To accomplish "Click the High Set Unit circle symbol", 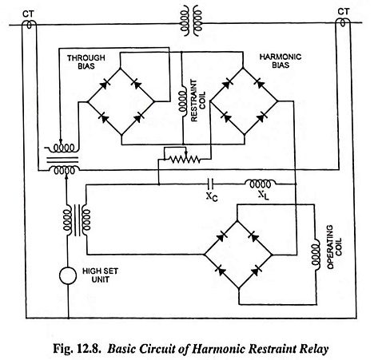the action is [x=68, y=275].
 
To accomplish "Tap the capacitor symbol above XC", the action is [x=210, y=184].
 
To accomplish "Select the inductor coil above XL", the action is [x=260, y=183].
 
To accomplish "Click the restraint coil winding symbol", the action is [x=183, y=101].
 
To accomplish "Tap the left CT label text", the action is [x=28, y=14].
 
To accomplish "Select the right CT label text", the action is [x=343, y=11].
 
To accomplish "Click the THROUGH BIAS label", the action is [x=86, y=61].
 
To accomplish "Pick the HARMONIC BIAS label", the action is [x=281, y=61].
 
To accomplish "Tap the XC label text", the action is [x=212, y=196].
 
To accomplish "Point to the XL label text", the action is [x=264, y=196].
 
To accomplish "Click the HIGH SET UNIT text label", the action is [x=100, y=275].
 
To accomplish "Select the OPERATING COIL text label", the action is [x=333, y=247].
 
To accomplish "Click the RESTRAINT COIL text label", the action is [x=198, y=101].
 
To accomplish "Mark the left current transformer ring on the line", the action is [x=29, y=25].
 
